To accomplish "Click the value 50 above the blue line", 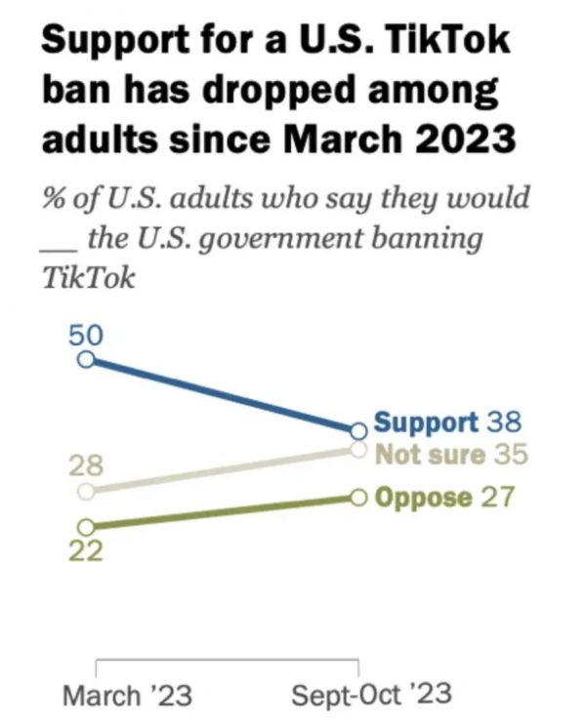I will click(85, 334).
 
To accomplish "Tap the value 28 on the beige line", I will click(85, 464).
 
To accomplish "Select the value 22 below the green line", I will click(85, 550).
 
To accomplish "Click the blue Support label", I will click(426, 423).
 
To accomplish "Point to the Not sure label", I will click(430, 455).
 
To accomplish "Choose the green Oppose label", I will click(424, 498).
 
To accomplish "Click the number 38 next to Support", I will click(504, 423).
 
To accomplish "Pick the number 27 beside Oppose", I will click(499, 498).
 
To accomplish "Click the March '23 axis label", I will click(127, 696).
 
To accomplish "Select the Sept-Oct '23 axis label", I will click(372, 696).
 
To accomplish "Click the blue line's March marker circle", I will click(86, 359).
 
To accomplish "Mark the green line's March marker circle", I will click(86, 525).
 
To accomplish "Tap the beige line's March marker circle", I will click(86, 490).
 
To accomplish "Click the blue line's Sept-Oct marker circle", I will click(357, 428).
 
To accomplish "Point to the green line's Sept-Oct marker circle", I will click(357, 498).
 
